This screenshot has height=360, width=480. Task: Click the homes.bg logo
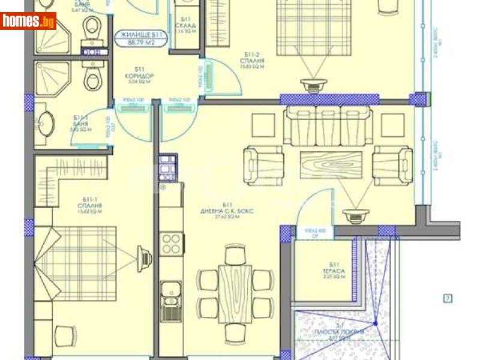tap(28, 21)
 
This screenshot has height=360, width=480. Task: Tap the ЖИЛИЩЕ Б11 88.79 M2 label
tap(141, 37)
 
